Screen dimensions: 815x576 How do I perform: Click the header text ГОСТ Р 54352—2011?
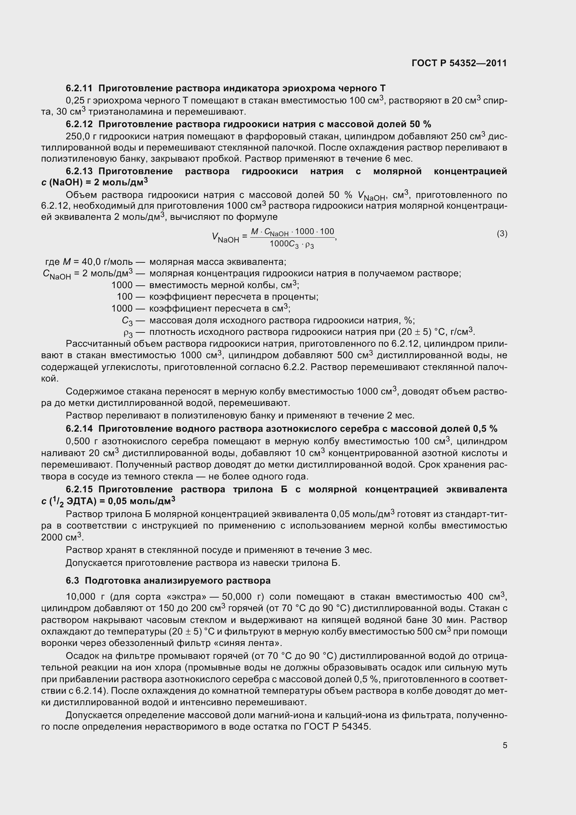tap(459, 63)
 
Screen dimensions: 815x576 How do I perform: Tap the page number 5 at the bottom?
tap(505, 745)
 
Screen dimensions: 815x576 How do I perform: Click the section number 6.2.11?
tap(79, 88)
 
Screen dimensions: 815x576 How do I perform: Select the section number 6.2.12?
tap(79, 124)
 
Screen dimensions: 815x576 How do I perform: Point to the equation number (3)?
tap(502, 233)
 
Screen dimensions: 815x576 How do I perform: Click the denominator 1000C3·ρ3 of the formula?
tap(292, 245)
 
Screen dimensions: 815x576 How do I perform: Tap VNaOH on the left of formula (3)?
tap(225, 238)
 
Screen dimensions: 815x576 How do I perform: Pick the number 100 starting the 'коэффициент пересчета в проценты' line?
tap(124, 297)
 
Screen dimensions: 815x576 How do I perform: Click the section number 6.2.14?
tap(79, 429)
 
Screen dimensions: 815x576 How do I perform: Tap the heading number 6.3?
tap(72, 581)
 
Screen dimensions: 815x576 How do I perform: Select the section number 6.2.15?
tap(79, 490)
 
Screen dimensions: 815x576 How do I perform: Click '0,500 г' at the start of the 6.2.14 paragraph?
tap(82, 441)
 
